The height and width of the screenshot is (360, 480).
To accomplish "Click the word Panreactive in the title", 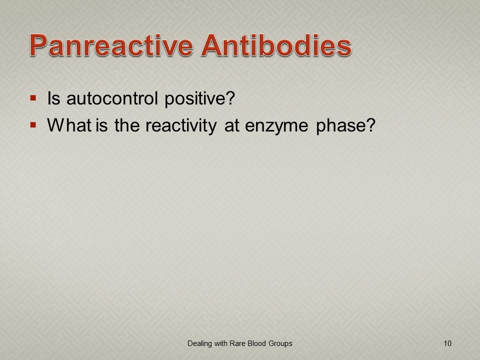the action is (111, 45).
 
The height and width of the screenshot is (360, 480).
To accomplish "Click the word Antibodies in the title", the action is (276, 45).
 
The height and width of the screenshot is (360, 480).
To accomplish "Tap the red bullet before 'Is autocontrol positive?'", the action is (33, 98).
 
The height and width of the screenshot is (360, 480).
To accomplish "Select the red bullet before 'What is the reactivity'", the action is (33, 125).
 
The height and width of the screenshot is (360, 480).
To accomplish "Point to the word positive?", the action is (199, 99).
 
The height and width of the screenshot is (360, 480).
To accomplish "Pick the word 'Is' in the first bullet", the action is (53, 98).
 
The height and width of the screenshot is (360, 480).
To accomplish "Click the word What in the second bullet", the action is (69, 125).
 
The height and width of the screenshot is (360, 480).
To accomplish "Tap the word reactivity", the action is (181, 126).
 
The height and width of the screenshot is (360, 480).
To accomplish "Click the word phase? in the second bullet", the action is (345, 126).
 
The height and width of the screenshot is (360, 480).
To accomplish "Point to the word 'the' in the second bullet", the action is (127, 125).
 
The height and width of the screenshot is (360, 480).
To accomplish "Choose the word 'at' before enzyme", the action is (231, 126).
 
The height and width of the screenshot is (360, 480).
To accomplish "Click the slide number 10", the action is (447, 343).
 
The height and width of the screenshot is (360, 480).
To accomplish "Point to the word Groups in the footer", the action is (280, 344).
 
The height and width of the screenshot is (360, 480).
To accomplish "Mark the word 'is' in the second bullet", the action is (101, 125).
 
